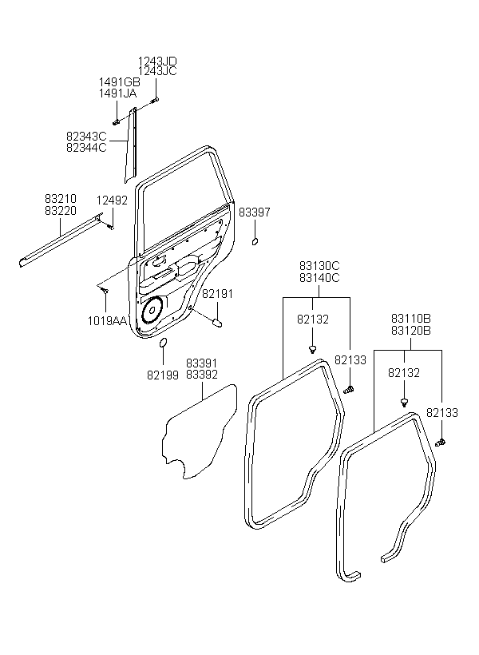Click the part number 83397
coord(255,212)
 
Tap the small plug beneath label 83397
coord(255,241)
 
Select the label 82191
coord(218,294)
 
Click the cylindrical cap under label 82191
coord(218,323)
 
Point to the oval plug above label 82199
coord(164,343)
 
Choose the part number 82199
coord(163,375)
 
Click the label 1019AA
coord(107,321)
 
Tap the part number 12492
coord(112,200)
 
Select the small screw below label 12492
coord(111,227)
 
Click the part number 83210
coord(61,198)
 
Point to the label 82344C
coord(86,148)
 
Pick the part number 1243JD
coord(157,62)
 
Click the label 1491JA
coord(117,93)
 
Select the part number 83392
coord(202,375)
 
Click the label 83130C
coord(319,266)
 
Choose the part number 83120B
coord(411,331)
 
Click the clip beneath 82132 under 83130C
coord(312,349)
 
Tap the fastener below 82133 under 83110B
coord(441,442)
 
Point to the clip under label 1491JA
coord(116,122)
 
